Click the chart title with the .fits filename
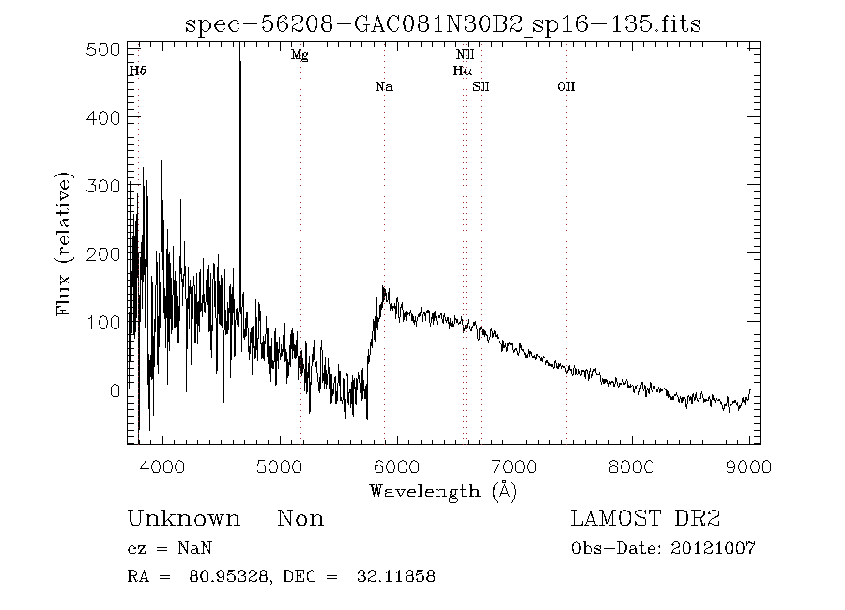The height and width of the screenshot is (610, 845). pos(443,23)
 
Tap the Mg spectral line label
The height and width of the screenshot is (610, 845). pos(300,55)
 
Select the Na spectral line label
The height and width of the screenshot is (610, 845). pos(383,87)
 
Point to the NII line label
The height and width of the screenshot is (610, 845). pos(465,55)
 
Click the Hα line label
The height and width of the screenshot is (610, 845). pos(462,70)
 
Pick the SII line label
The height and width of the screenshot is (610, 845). pos(482,87)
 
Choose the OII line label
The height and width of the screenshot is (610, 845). pos(565,87)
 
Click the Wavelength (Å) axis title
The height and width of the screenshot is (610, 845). pos(443,491)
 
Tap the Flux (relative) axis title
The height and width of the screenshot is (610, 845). pos(65,244)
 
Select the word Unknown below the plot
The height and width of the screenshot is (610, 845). pos(183,519)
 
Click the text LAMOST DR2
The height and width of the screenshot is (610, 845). pos(645,519)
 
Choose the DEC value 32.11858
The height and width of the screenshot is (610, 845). pos(396,576)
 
